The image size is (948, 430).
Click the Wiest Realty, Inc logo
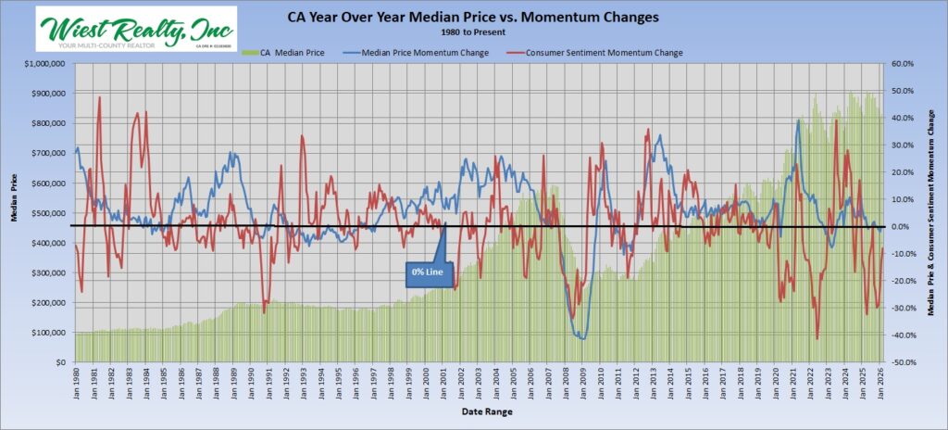click(135, 29)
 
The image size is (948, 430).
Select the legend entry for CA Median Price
click(283, 52)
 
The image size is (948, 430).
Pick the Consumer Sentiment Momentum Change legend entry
click(598, 52)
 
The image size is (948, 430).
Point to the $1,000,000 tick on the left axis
click(40, 64)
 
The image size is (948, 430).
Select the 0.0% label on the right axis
click(903, 227)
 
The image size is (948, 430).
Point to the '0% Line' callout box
click(427, 272)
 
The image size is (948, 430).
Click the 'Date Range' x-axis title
click(475, 410)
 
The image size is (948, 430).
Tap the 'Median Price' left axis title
click(14, 211)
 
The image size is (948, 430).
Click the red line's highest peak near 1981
click(99, 96)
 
